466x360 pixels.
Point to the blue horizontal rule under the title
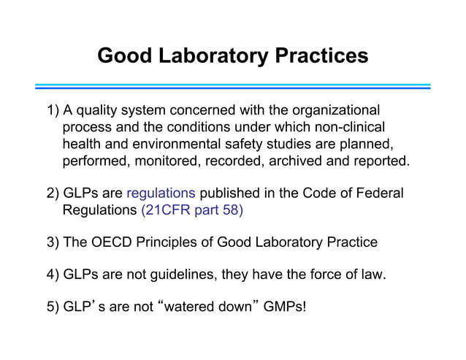coord(232,87)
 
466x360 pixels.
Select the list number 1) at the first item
coord(53,111)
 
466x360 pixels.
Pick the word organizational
coord(336,111)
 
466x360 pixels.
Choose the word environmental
coord(178,143)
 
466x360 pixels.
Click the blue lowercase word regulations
coord(161,194)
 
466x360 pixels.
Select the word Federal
coord(377,194)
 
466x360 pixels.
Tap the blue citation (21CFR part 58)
coord(191,211)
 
